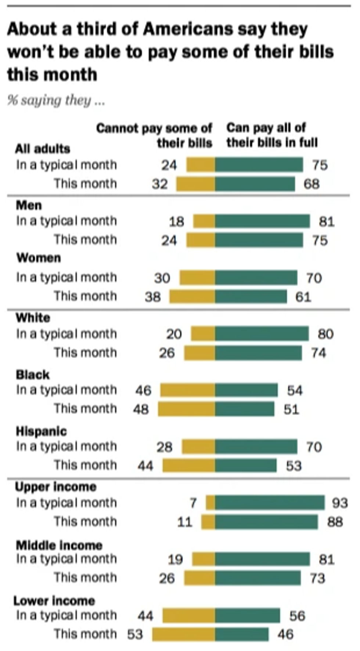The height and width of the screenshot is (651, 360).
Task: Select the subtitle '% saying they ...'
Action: tap(56, 100)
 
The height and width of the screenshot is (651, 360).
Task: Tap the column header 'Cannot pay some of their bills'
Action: tap(154, 135)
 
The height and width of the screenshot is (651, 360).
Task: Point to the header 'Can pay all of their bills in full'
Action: tap(272, 135)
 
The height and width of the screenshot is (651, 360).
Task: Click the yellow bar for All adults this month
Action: tap(195, 184)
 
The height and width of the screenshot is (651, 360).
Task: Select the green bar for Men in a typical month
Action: tap(262, 221)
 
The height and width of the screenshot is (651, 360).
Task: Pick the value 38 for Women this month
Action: tap(152, 297)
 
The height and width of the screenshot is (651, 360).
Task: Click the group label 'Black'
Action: tap(33, 375)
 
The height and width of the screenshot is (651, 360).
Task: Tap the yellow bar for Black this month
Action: tap(186, 409)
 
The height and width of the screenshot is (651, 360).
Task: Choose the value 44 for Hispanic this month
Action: tap(145, 466)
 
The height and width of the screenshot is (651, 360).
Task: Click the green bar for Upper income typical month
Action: tap(270, 503)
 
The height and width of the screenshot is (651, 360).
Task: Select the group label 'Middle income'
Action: tap(59, 545)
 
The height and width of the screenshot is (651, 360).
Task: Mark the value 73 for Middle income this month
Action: tap(317, 578)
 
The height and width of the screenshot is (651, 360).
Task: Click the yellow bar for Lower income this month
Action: tap(183, 634)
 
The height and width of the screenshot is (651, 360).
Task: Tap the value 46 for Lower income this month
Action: tap(285, 634)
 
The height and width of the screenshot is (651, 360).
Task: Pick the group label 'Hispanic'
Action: tap(41, 431)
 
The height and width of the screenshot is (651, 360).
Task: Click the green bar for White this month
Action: tap(258, 353)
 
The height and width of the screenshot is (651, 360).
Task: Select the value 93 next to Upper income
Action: tap(339, 503)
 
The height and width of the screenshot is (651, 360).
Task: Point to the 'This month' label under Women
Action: tap(85, 296)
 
